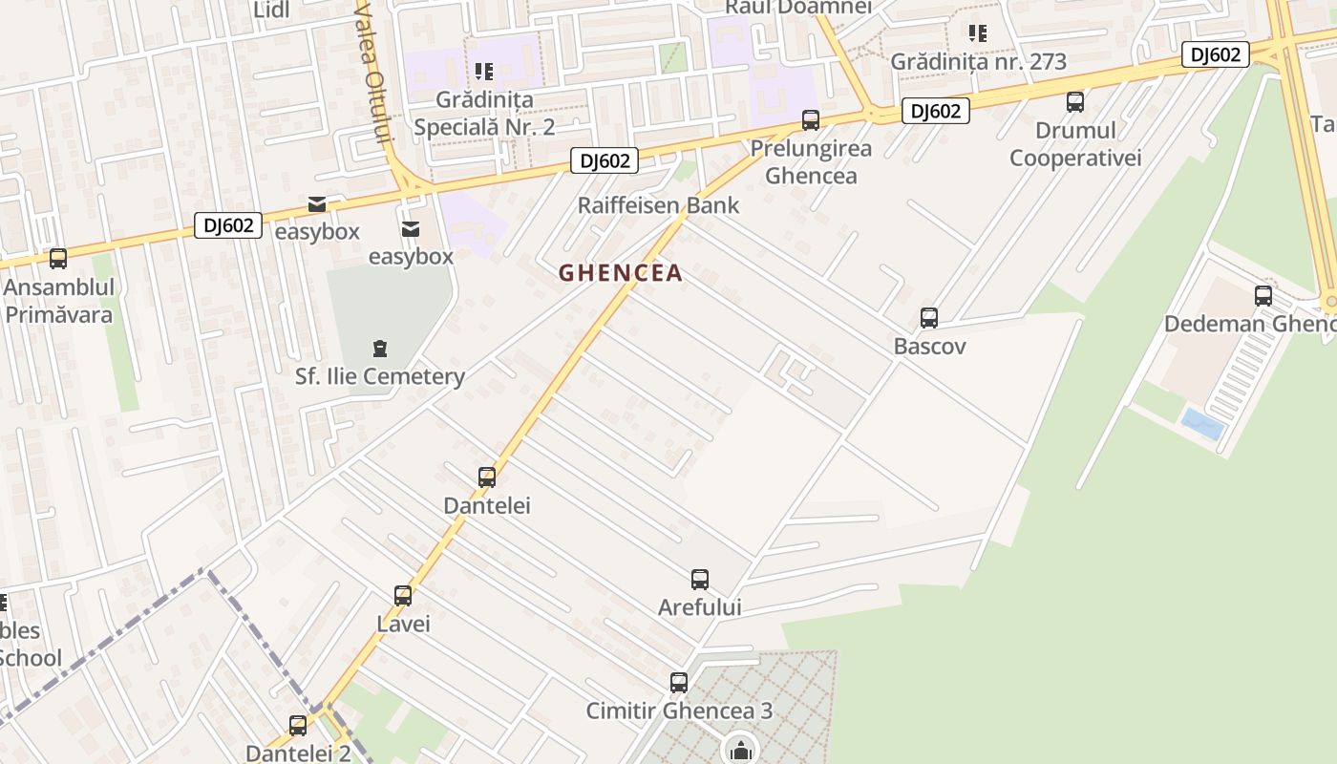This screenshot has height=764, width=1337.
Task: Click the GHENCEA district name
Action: click(x=621, y=273)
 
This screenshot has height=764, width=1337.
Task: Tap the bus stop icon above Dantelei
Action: click(x=487, y=477)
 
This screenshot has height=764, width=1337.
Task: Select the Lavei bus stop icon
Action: click(x=403, y=596)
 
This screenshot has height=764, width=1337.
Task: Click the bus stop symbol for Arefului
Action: click(x=700, y=580)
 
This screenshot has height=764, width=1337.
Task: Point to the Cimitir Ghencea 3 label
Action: click(x=679, y=711)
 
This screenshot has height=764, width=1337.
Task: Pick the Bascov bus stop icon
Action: click(x=929, y=318)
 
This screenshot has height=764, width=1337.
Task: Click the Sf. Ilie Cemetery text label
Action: click(x=379, y=376)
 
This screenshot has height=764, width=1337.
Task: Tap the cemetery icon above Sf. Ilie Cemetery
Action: click(x=380, y=348)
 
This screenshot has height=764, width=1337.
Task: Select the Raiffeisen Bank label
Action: click(x=658, y=205)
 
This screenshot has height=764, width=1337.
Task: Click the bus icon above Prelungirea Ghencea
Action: click(x=811, y=120)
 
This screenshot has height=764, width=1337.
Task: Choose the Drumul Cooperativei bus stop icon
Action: click(x=1075, y=102)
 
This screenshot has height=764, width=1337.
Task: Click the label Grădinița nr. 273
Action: click(x=978, y=62)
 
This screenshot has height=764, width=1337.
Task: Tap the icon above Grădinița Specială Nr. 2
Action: click(x=484, y=72)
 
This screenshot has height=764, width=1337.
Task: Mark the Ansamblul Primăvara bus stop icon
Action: click(x=58, y=259)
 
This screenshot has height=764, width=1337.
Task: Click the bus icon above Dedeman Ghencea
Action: click(x=1263, y=296)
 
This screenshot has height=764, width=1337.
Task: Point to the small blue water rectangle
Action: click(x=1203, y=423)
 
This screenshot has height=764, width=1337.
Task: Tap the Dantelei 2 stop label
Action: click(x=298, y=753)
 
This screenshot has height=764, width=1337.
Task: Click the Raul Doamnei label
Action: click(x=798, y=7)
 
